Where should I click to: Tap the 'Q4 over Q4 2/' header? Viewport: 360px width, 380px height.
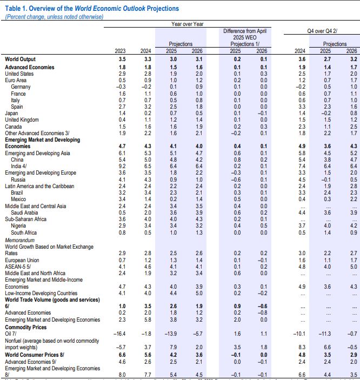[x=323, y=31]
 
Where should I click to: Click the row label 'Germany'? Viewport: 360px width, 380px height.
[x=21, y=86]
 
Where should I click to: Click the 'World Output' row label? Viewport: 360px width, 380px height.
[x=21, y=59]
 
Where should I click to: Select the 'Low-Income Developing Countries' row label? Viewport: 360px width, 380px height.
[x=42, y=293]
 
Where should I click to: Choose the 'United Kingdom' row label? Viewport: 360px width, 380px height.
[x=22, y=119]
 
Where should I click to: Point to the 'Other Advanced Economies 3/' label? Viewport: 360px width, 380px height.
[x=37, y=132]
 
